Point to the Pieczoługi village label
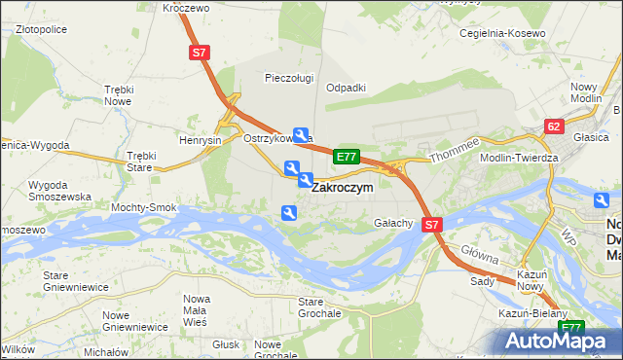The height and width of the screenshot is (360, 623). tap(289, 77)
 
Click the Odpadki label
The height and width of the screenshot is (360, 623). tap(346, 87)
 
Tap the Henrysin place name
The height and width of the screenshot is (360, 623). tap(201, 139)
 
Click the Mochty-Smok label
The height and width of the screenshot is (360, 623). tap(144, 207)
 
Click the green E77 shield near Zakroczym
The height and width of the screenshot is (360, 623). tap(347, 156)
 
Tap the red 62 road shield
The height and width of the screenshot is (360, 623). tap(554, 126)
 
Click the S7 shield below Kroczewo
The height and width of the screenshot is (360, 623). tap(199, 54)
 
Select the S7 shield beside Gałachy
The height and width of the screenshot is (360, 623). tap(433, 224)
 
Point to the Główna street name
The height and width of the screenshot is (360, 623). tap(481, 255)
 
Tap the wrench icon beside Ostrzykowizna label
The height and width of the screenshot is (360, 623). tap(302, 136)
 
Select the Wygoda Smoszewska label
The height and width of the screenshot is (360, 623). tap(60, 190)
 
